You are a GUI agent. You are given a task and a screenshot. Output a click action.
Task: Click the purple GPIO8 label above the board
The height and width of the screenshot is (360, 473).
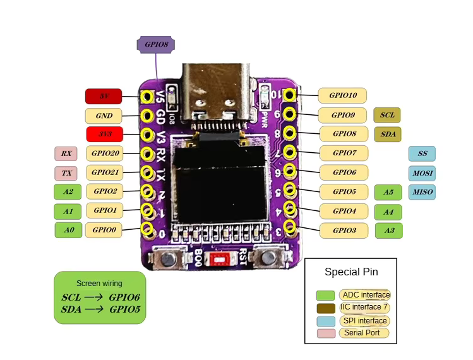(156, 44)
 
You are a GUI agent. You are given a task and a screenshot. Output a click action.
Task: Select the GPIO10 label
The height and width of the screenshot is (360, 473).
(342, 95)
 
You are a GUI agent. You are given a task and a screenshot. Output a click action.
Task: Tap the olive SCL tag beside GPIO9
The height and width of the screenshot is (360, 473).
(387, 115)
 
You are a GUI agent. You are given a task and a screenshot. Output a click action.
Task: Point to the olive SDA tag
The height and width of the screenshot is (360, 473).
(388, 134)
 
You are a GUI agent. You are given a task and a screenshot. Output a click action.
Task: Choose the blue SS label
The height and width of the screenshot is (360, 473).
(422, 153)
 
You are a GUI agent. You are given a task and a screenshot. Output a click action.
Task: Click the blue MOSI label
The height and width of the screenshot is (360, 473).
(422, 173)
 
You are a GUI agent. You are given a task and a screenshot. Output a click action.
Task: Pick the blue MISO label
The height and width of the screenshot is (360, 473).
(422, 192)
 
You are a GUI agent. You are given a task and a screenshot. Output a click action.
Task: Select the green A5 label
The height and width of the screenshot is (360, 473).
(388, 193)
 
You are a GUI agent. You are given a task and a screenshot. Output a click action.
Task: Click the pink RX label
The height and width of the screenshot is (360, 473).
(66, 153)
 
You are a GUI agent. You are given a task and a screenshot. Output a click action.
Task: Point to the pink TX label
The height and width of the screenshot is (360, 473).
(66, 173)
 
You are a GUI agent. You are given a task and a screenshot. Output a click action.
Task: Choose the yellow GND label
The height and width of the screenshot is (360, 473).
(104, 116)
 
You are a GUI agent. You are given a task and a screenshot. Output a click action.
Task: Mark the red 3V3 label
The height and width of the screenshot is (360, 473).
(104, 135)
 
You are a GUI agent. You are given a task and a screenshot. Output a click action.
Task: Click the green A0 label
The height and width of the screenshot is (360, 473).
(68, 231)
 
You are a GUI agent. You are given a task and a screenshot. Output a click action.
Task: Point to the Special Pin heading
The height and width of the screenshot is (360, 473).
(351, 272)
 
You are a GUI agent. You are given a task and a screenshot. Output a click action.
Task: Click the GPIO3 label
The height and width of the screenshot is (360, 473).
(343, 231)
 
